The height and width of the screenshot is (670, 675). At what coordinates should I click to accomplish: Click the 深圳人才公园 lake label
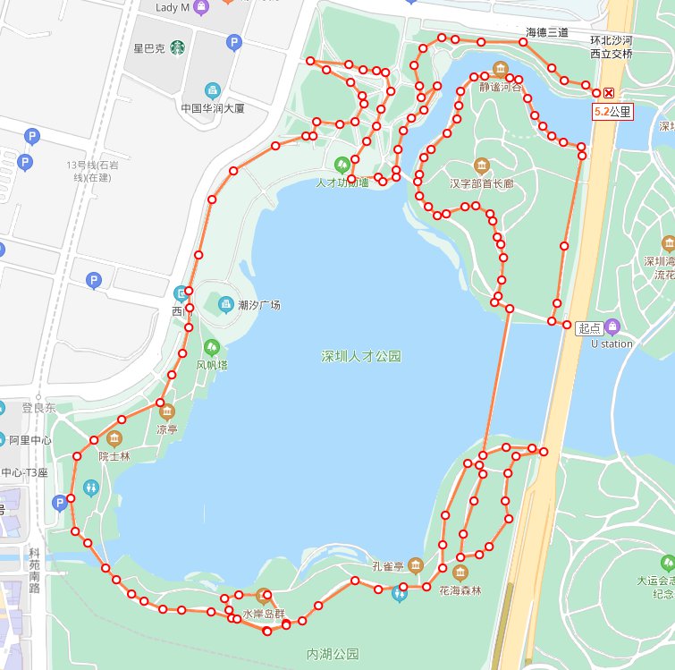point(361,356)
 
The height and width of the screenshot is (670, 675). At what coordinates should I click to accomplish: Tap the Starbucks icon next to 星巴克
point(178,47)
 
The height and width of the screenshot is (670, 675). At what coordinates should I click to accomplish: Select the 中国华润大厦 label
point(212,108)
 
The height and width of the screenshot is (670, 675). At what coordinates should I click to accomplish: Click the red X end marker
point(609,93)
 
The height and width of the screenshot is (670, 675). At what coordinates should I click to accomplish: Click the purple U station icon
point(612,327)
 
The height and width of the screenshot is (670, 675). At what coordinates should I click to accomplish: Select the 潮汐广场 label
point(259,305)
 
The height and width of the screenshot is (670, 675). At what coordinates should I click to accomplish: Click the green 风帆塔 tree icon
point(212,347)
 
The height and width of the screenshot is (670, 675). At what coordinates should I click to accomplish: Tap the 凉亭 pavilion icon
point(167,411)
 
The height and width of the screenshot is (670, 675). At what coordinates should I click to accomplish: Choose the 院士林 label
point(114,455)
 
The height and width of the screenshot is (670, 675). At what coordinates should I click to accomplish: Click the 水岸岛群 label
point(263,614)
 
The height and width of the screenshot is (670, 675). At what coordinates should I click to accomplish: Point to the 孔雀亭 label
point(390,566)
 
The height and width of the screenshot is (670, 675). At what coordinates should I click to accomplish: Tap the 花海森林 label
point(460,590)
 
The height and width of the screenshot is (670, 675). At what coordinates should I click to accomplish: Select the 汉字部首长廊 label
point(481,184)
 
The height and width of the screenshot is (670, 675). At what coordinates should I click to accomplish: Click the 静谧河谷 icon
point(499,70)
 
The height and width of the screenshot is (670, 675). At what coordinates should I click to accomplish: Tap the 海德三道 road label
point(547,32)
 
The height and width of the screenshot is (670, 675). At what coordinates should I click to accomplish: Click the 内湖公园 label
point(332,654)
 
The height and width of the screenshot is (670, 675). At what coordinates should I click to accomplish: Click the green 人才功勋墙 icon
point(341,165)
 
